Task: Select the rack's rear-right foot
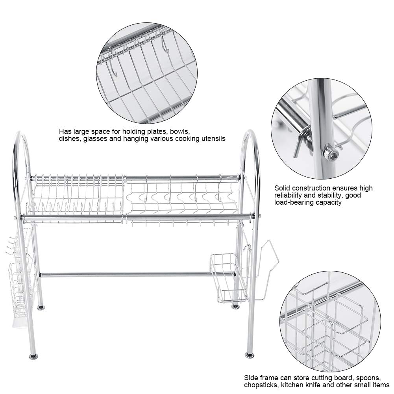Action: click(x=235, y=306)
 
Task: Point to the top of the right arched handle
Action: click(x=250, y=131)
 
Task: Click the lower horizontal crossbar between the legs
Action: click(x=138, y=274)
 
